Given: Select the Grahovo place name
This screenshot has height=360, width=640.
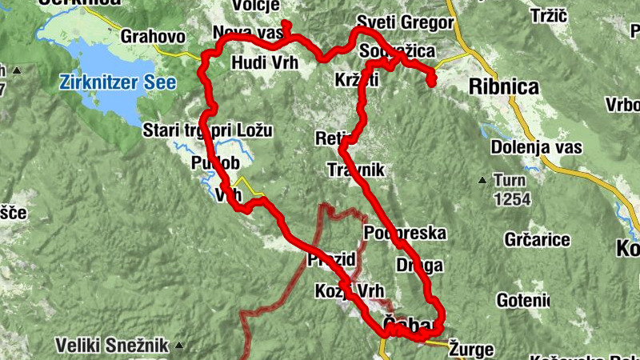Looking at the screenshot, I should [153, 36].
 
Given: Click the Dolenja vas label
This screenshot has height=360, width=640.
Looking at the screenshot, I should [535, 147].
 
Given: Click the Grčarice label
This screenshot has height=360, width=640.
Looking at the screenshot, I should [538, 239].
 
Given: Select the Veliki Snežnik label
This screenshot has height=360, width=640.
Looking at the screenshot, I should [112, 346].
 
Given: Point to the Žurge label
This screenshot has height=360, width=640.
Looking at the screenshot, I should [471, 349].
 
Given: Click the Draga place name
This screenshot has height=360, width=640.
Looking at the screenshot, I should [419, 265].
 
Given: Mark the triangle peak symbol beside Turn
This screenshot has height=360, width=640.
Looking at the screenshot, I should [482, 179].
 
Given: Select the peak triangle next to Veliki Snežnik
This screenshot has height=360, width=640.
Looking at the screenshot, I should [179, 346].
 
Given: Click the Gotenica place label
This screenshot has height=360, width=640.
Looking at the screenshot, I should [523, 300].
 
